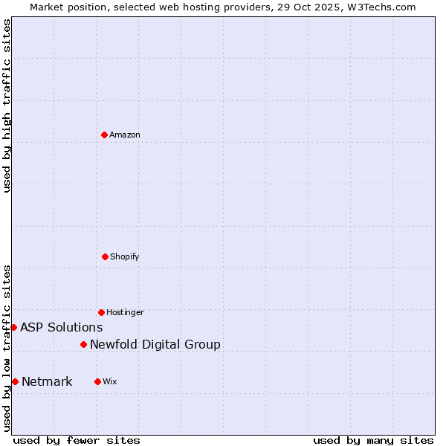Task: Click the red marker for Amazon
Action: coord(104,135)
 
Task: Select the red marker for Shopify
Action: coord(105,256)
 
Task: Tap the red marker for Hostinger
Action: coord(101,312)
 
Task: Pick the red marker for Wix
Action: coord(97,381)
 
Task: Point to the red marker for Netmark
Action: coord(15,381)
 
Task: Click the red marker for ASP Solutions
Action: coord(13,327)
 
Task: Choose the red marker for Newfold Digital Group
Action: coord(83,344)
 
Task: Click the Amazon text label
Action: coord(125,135)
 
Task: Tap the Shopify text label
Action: coord(125,256)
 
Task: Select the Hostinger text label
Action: coord(125,312)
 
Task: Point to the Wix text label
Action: coord(110,381)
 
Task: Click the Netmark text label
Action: coord(47,381)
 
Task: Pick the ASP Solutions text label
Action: coord(61,327)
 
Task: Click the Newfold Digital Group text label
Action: coord(155,344)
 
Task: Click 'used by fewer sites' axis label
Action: coord(77,440)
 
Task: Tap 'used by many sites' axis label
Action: coord(373,440)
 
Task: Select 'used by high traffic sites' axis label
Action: coord(7,106)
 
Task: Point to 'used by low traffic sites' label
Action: coord(7,348)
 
